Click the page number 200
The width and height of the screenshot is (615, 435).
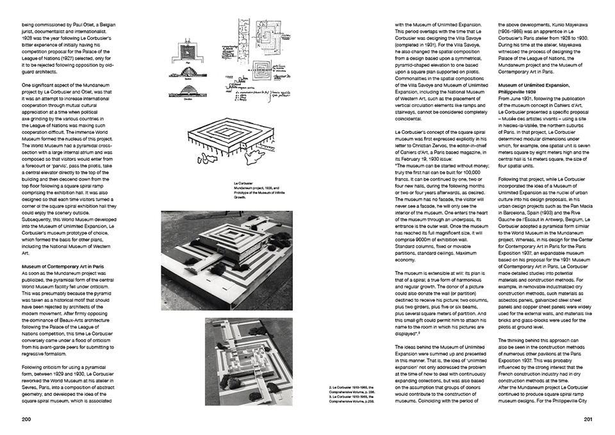26,419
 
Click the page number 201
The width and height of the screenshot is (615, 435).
589,419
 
